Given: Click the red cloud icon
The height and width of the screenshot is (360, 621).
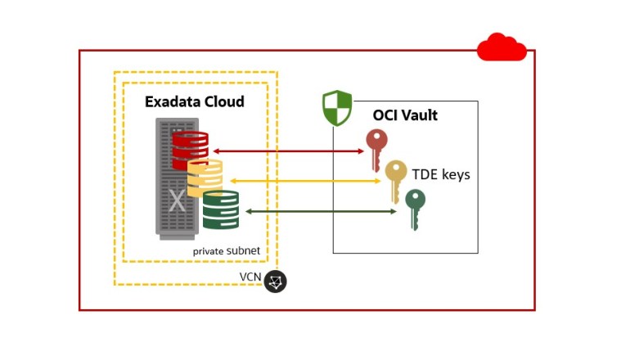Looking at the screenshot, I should tap(502, 47).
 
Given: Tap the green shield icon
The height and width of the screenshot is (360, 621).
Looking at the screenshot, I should tap(337, 108).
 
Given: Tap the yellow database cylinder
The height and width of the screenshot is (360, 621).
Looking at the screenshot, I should tap(205, 178).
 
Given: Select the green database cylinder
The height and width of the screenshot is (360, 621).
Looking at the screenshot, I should tap(220, 209).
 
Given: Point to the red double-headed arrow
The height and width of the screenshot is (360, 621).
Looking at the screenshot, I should tap(287, 151).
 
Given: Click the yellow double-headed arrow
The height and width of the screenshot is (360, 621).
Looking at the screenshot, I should tap(307, 180).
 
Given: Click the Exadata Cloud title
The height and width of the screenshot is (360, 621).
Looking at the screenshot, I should tap(194, 102).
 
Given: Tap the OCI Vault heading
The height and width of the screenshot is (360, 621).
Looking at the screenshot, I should tap(405, 115).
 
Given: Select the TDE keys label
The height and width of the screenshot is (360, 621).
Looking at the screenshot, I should tap(441, 174).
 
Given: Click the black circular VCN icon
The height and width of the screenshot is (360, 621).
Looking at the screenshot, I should tap(277, 281).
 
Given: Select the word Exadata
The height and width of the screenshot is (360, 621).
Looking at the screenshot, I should tap(174, 102).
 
